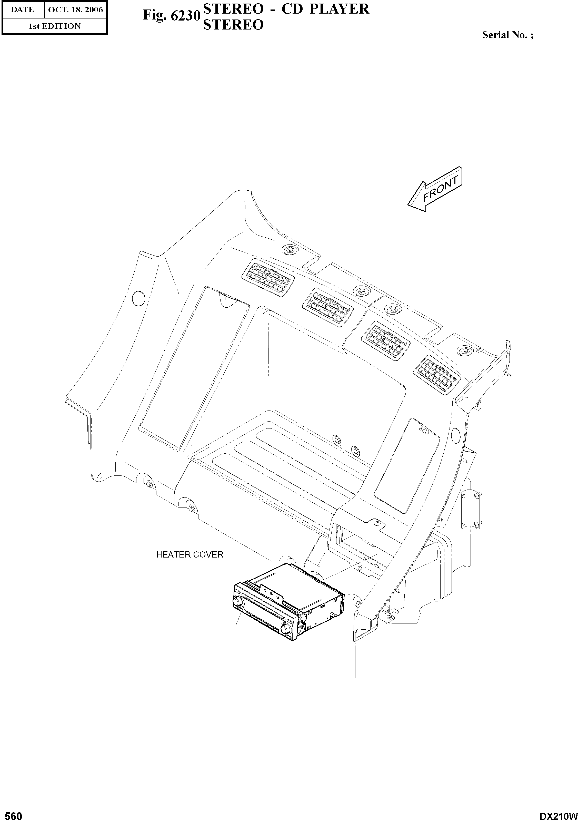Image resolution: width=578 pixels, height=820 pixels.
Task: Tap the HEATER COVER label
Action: coord(190,555)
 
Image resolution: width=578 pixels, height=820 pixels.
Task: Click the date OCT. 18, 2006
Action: coord(75,10)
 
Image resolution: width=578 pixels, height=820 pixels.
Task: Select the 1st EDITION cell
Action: coord(54,26)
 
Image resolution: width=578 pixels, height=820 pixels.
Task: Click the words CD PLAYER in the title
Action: coord(325,9)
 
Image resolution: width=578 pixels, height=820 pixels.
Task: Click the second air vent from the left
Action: coord(328,306)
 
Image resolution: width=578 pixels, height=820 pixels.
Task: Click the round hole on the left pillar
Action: coord(138,298)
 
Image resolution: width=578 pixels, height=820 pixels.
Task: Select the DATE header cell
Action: coord(23,10)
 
